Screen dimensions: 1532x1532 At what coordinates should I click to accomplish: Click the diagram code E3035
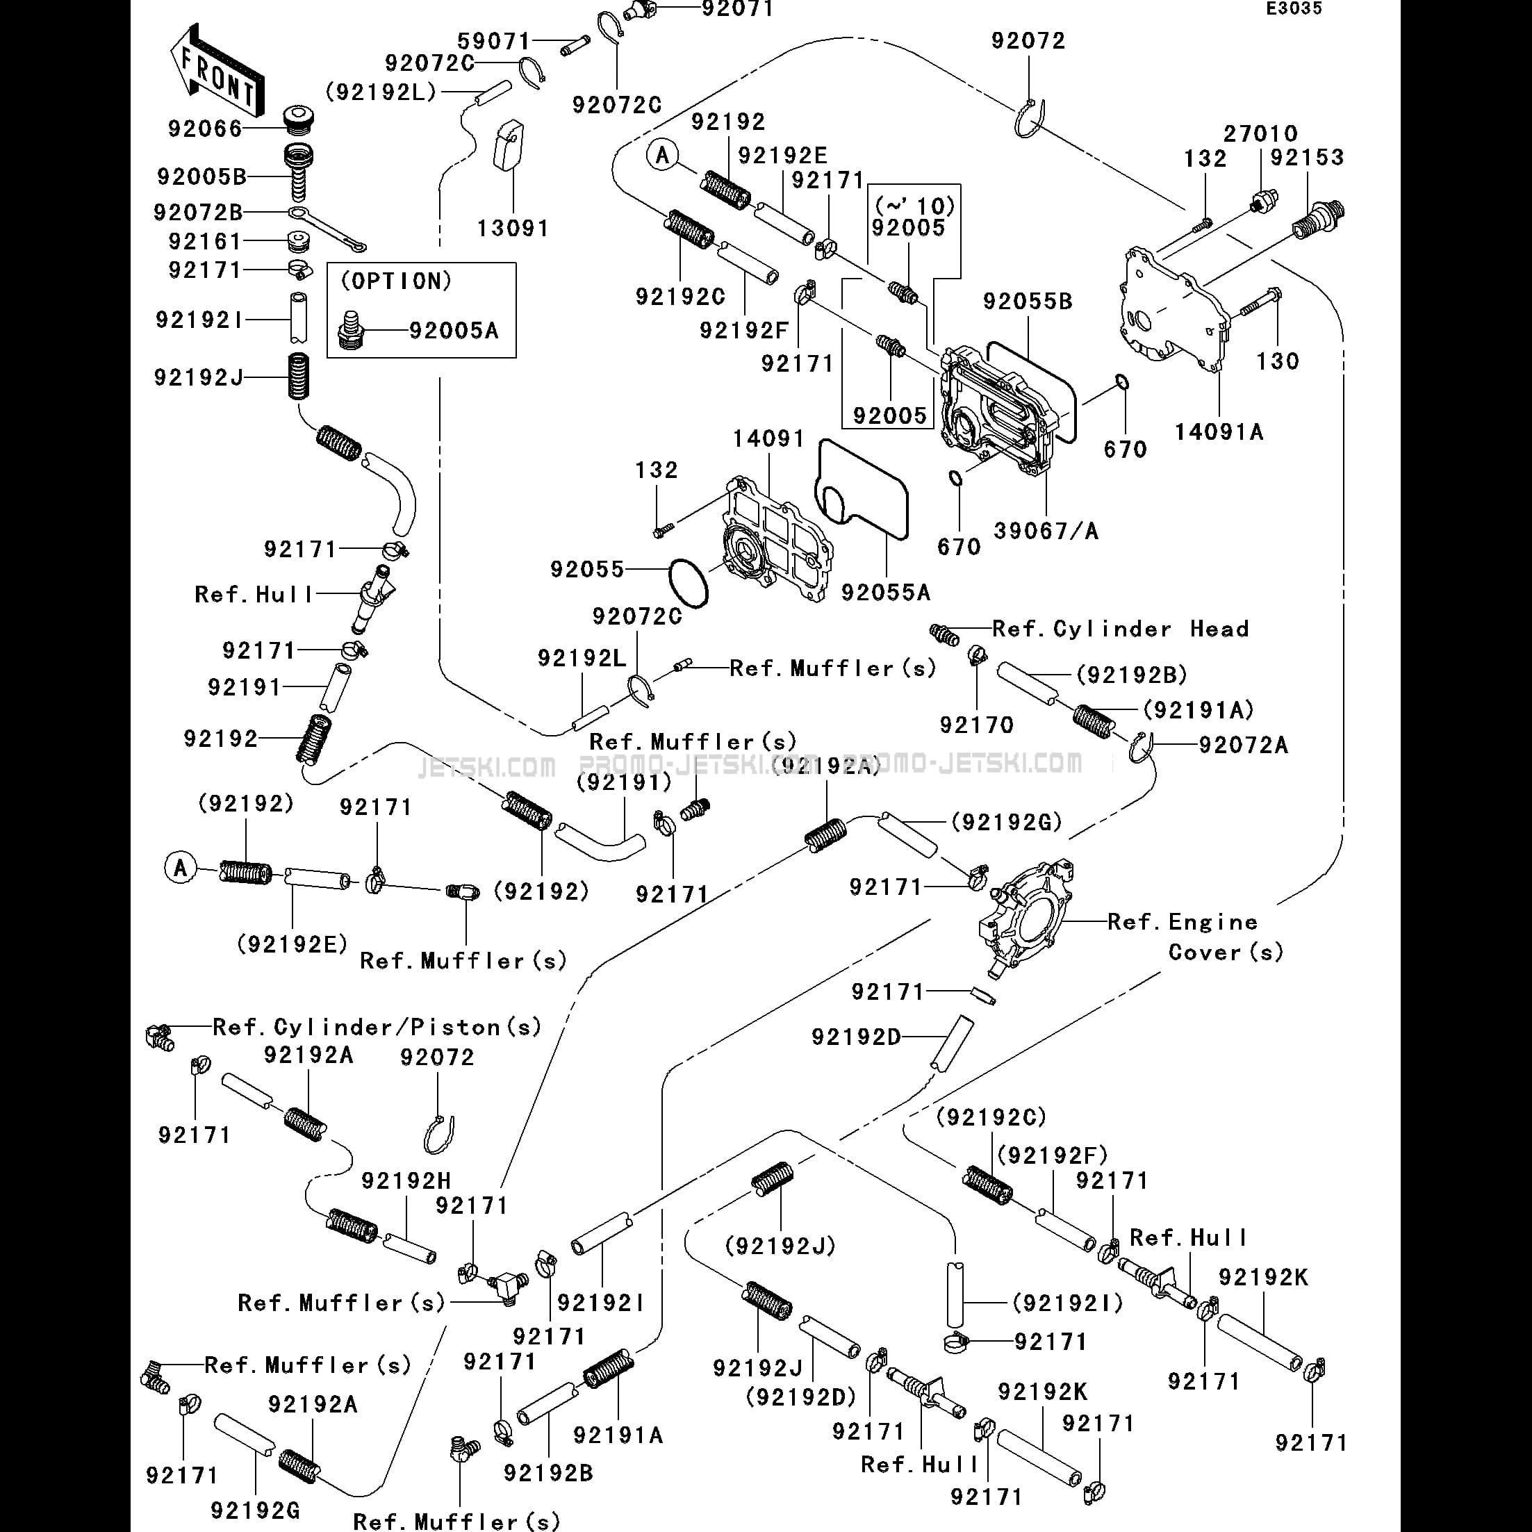1293,9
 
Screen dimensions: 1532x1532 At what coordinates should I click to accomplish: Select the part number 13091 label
512,229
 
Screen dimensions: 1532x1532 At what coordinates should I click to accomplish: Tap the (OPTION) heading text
397,281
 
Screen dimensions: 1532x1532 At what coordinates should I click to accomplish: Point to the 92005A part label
454,330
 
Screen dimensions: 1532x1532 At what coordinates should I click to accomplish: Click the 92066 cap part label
204,129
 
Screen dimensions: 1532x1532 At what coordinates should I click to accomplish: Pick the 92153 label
1307,157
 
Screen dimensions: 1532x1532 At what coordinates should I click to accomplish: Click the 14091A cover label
1219,431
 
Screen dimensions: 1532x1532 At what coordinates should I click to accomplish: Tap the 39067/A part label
1046,531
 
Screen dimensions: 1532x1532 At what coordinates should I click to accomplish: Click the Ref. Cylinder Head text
1121,629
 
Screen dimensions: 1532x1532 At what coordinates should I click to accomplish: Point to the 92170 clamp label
976,725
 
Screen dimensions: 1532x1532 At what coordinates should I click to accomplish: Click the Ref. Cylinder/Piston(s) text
377,1027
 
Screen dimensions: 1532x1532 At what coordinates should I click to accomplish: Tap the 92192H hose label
406,1180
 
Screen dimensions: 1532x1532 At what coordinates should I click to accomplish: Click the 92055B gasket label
1028,302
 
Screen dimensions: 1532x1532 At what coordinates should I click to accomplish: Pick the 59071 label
494,40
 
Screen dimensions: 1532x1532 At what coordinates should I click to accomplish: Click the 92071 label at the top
737,10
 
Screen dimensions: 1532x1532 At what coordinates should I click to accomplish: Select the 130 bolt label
1278,361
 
